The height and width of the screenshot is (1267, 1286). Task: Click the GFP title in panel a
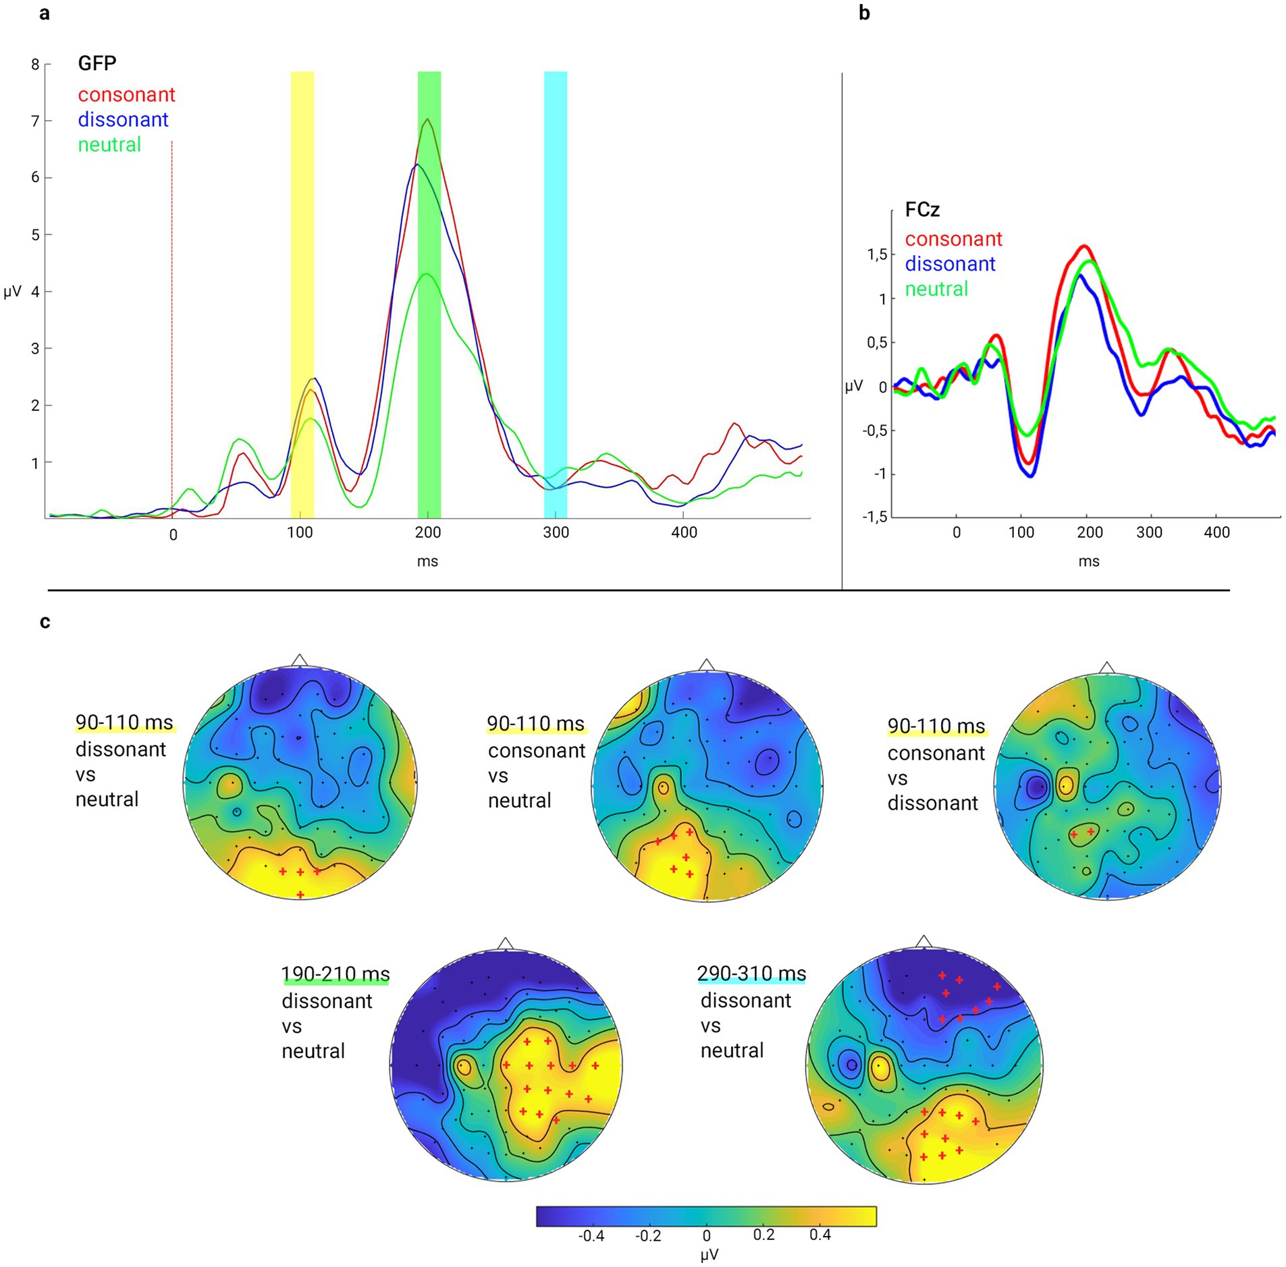97,63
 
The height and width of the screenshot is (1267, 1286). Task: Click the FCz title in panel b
921,210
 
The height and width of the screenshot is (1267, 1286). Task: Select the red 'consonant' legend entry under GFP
126,94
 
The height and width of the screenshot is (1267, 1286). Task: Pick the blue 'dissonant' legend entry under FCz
950,264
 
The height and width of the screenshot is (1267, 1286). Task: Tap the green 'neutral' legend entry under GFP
109,144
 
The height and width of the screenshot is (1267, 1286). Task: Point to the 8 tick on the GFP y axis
35,65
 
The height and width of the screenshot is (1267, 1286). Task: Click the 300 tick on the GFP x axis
556,532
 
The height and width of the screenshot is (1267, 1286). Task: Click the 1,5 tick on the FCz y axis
876,255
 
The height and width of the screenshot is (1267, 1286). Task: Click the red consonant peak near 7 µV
427,120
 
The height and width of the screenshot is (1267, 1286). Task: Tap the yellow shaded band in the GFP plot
302,270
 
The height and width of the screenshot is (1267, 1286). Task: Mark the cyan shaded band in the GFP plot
556,270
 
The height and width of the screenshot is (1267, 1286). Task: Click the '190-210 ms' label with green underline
336,974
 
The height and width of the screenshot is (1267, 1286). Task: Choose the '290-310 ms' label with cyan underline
751,973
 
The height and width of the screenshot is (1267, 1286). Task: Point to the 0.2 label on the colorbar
763,1234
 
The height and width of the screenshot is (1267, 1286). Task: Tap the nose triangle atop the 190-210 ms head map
505,943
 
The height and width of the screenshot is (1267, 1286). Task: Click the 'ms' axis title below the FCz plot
1088,561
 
